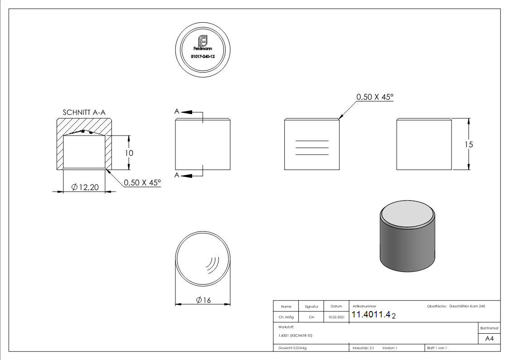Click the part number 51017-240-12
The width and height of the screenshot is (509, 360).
pyautogui.click(x=203, y=56)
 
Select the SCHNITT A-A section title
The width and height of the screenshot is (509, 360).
pyautogui.click(x=84, y=112)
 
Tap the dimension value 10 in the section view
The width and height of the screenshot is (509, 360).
pyautogui.click(x=129, y=153)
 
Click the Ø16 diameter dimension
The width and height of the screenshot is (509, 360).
pyautogui.click(x=203, y=300)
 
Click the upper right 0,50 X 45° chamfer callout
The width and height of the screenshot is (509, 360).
pyautogui.click(x=375, y=97)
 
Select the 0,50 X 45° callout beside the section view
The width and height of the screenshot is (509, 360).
pyautogui.click(x=142, y=183)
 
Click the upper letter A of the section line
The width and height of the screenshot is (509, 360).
pyautogui.click(x=177, y=111)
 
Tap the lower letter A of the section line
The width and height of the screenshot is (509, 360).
pyautogui.click(x=177, y=175)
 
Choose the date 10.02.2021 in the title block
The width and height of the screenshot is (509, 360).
pyautogui.click(x=336, y=317)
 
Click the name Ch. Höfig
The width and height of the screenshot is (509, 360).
pyautogui.click(x=286, y=317)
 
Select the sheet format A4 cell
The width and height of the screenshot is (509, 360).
pyautogui.click(x=489, y=339)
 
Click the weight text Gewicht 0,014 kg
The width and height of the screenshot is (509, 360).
pyautogui.click(x=292, y=348)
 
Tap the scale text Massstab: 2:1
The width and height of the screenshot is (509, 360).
pyautogui.click(x=363, y=348)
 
